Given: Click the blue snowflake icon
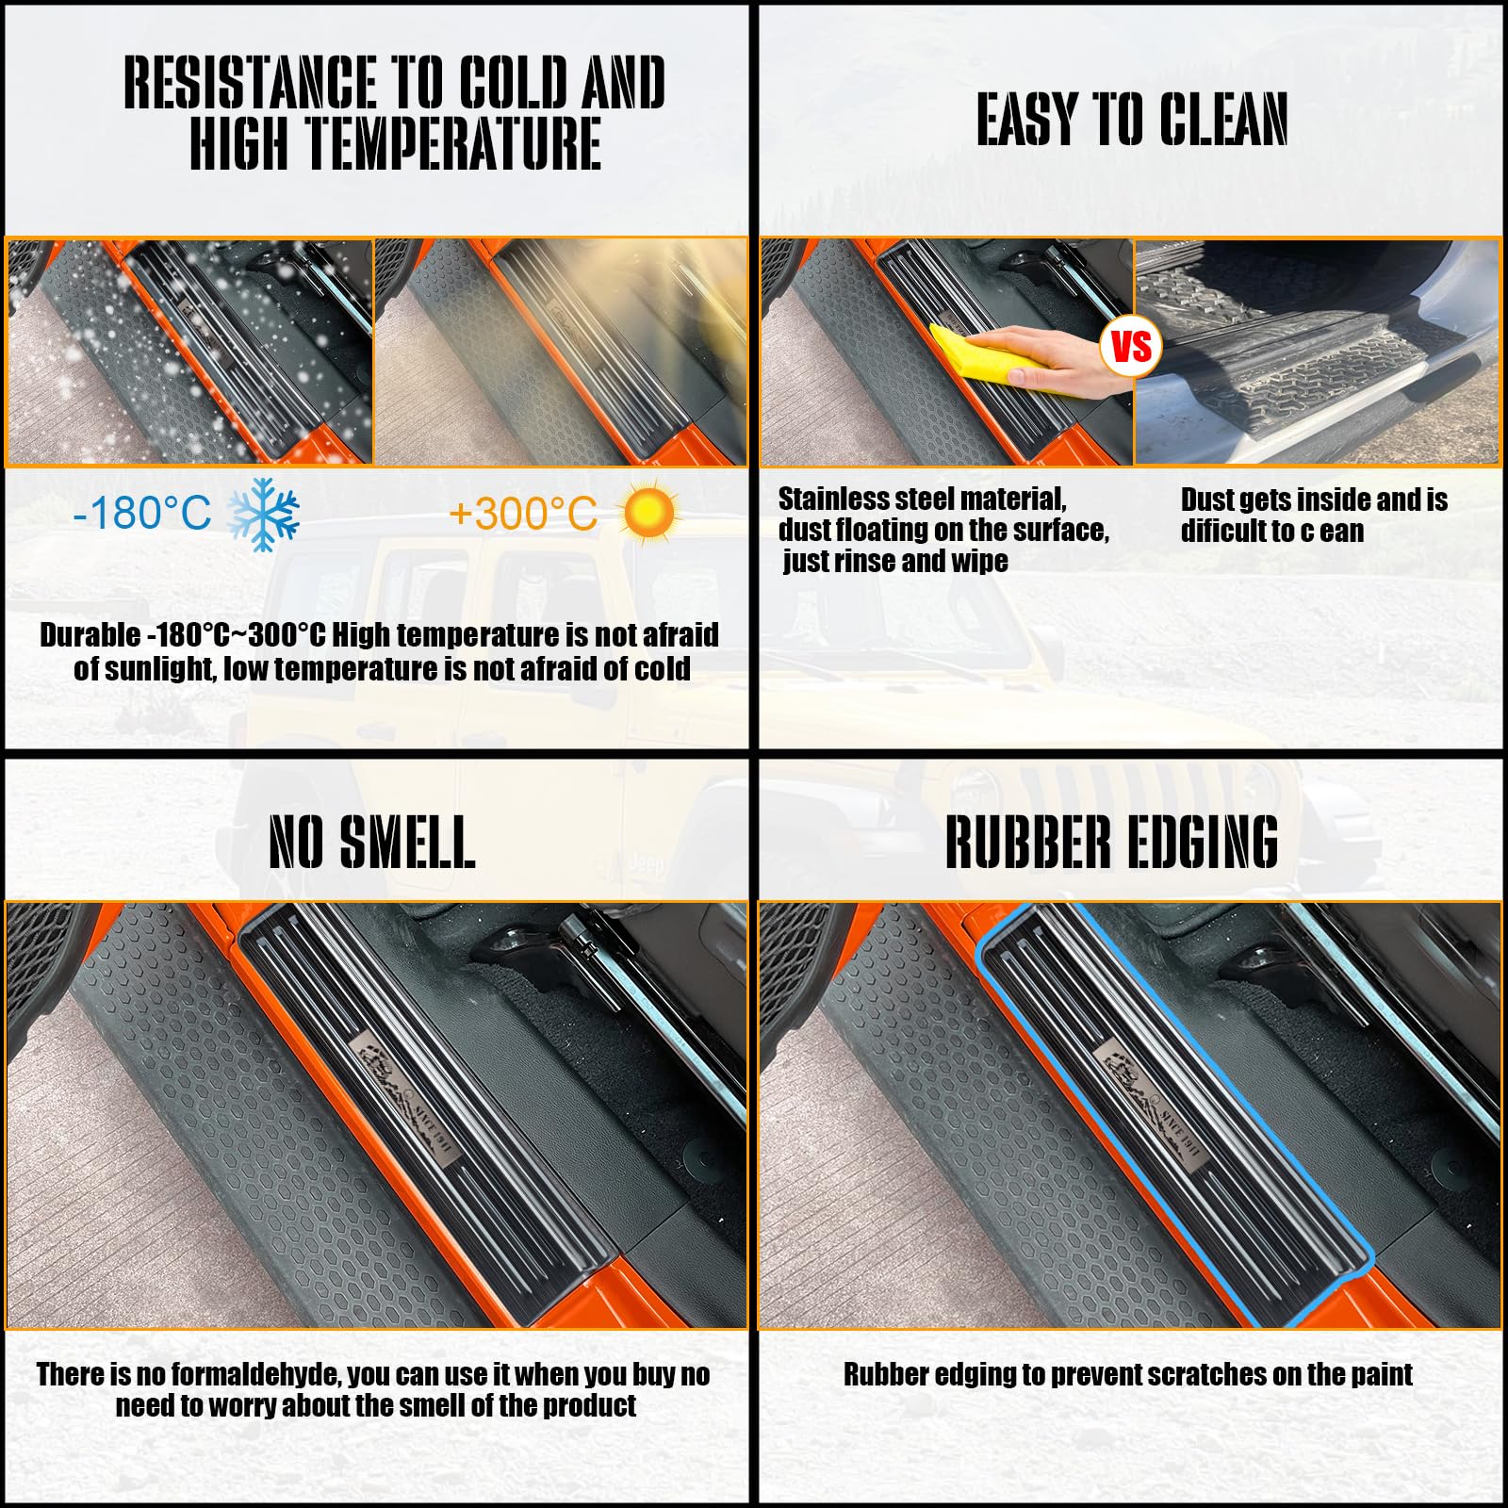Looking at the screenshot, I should [264, 514].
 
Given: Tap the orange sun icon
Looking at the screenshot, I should [648, 514].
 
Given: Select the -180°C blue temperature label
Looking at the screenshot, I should [142, 514].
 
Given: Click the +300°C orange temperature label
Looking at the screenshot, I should [523, 514].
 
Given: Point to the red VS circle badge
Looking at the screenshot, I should [1131, 346].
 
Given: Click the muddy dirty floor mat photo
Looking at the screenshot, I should [1316, 352].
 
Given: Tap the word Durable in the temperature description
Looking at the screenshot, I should [90, 635].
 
